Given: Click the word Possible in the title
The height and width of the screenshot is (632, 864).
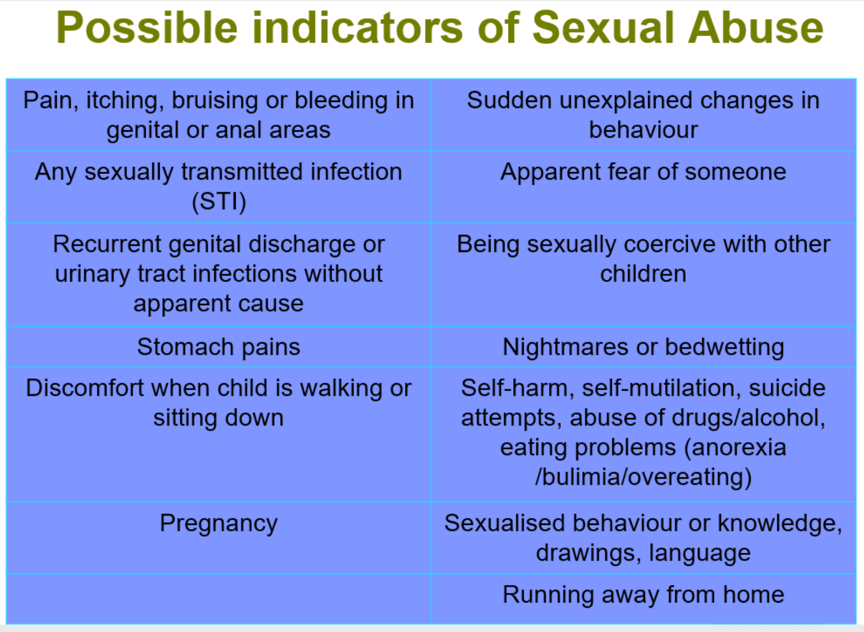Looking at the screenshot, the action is [x=147, y=28].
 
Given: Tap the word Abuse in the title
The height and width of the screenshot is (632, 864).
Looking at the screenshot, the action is [x=756, y=28].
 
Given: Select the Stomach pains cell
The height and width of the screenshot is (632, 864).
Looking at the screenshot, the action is [x=219, y=347].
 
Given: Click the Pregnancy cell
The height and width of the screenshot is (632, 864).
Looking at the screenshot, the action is [x=219, y=538].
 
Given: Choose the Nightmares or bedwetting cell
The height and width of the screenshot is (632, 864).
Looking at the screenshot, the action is [x=643, y=347].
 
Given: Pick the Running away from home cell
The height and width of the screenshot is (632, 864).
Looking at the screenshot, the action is [x=643, y=598].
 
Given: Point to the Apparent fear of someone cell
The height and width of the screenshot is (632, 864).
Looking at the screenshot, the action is [x=643, y=187].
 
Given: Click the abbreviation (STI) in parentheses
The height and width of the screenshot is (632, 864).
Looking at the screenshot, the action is [x=219, y=202].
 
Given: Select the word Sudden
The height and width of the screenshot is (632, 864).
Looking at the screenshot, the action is [x=509, y=101].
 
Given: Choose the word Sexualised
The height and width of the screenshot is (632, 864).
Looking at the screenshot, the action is [x=505, y=523].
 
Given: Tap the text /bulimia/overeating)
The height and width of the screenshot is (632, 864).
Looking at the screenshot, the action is [x=643, y=477].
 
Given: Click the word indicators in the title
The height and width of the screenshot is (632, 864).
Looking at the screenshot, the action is [x=358, y=28].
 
